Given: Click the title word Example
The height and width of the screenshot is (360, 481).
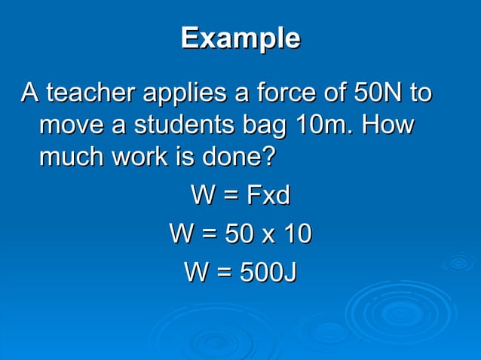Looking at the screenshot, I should (x=240, y=38).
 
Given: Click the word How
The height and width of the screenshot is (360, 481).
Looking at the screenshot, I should (x=388, y=125).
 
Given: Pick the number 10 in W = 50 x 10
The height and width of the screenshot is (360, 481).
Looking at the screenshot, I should (x=296, y=234).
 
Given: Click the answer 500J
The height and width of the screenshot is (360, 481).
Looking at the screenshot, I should (x=267, y=272).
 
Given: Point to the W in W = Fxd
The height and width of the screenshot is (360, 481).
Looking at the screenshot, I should (x=203, y=196).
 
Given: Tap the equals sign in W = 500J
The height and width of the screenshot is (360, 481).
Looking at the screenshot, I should (x=224, y=273).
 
